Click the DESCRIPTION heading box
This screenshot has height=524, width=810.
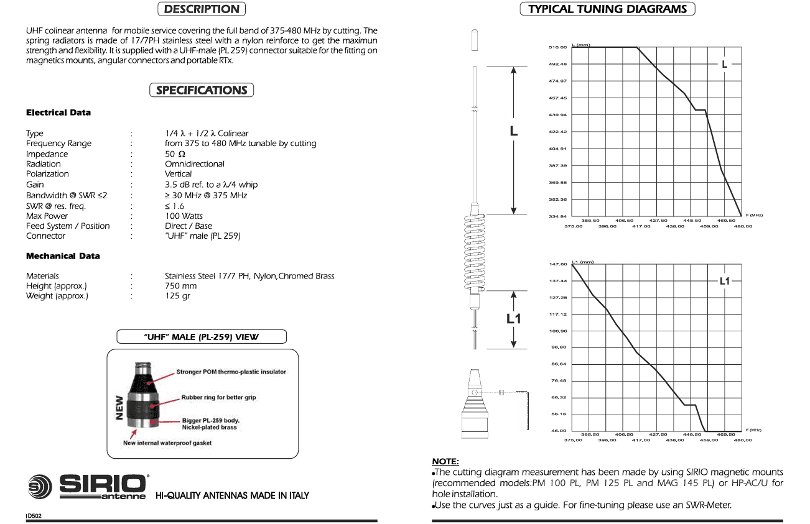pyautogui.click(x=202, y=9)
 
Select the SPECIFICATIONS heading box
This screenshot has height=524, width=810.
pyautogui.click(x=202, y=90)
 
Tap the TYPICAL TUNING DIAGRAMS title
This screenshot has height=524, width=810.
pyautogui.click(x=607, y=9)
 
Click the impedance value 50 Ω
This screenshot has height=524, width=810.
pyautogui.click(x=175, y=154)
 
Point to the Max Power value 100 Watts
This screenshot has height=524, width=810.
pyautogui.click(x=184, y=216)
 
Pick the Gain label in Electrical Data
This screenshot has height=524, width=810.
pyautogui.click(x=35, y=185)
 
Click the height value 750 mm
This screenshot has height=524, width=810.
pyautogui.click(x=181, y=286)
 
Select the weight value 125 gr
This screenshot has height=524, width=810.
pyautogui.click(x=177, y=296)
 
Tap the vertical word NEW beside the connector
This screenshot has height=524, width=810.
pyautogui.click(x=119, y=408)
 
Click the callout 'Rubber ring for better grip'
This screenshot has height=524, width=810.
pyautogui.click(x=218, y=397)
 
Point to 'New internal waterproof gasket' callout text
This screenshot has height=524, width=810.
pyautogui.click(x=167, y=443)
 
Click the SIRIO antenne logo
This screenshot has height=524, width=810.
pyautogui.click(x=88, y=487)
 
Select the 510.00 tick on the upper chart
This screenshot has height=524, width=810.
pyautogui.click(x=557, y=47)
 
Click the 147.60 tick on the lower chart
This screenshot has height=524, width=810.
pyautogui.click(x=558, y=264)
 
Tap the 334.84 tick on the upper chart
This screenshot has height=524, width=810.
pyautogui.click(x=557, y=216)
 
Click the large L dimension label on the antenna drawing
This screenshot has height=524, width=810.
pyautogui.click(x=513, y=131)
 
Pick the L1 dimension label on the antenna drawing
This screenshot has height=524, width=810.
pyautogui.click(x=513, y=319)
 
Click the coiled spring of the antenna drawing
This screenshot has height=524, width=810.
pyautogui.click(x=475, y=252)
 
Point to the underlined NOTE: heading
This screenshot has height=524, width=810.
pyautogui.click(x=445, y=461)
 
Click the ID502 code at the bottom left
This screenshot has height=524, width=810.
pyautogui.click(x=34, y=516)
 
